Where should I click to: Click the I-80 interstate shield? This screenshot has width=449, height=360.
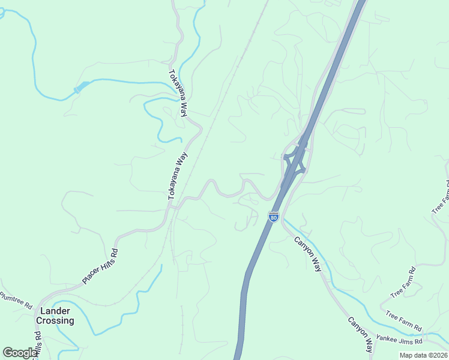click(x=274, y=217)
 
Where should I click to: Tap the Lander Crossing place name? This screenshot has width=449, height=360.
click(x=55, y=316)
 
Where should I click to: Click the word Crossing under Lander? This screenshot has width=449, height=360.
click(x=55, y=320)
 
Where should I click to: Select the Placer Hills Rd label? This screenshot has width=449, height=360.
click(x=100, y=265)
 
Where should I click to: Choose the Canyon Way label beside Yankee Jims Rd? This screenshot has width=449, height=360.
click(x=361, y=334)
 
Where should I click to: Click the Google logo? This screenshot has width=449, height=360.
click(x=20, y=353)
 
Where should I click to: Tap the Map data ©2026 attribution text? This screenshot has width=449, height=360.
click(x=423, y=355)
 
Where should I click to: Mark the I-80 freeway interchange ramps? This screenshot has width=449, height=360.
click(x=295, y=159)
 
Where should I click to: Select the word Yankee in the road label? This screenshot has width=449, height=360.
click(x=387, y=339)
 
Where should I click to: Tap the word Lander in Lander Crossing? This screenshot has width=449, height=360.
click(x=55, y=311)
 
